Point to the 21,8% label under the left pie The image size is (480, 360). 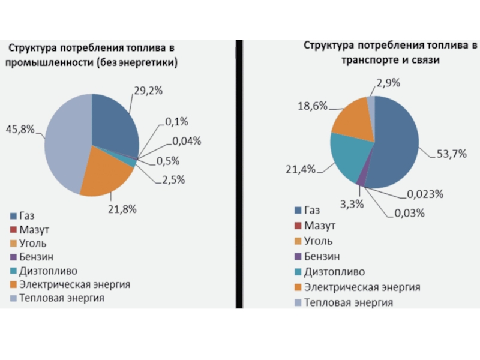(x=123, y=209)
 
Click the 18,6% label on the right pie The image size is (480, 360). (x=312, y=106)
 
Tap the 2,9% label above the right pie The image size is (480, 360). (x=389, y=82)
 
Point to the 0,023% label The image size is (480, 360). (x=425, y=194)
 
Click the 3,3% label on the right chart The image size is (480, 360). (x=352, y=204)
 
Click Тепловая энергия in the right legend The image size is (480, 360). (x=348, y=302)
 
